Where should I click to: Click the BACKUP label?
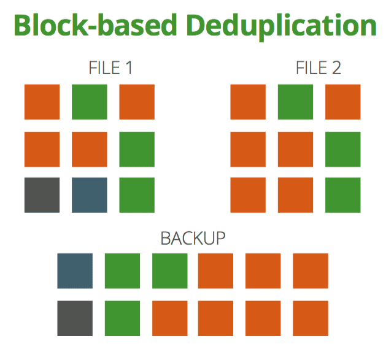point(193,239)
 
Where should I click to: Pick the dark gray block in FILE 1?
point(42,195)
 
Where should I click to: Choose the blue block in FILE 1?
point(90,195)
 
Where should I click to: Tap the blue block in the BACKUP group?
point(75,270)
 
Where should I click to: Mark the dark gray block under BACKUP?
point(75,318)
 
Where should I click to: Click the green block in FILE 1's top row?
point(90,102)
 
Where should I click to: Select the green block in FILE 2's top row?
point(296,102)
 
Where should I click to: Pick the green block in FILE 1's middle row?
point(137,148)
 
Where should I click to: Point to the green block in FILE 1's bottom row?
point(137,195)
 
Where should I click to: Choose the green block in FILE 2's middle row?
point(343,148)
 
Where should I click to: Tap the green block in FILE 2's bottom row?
point(343,195)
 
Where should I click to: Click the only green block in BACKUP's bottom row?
point(122,318)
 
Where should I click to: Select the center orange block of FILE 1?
point(90,148)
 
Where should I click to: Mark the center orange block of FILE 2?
point(296,148)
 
